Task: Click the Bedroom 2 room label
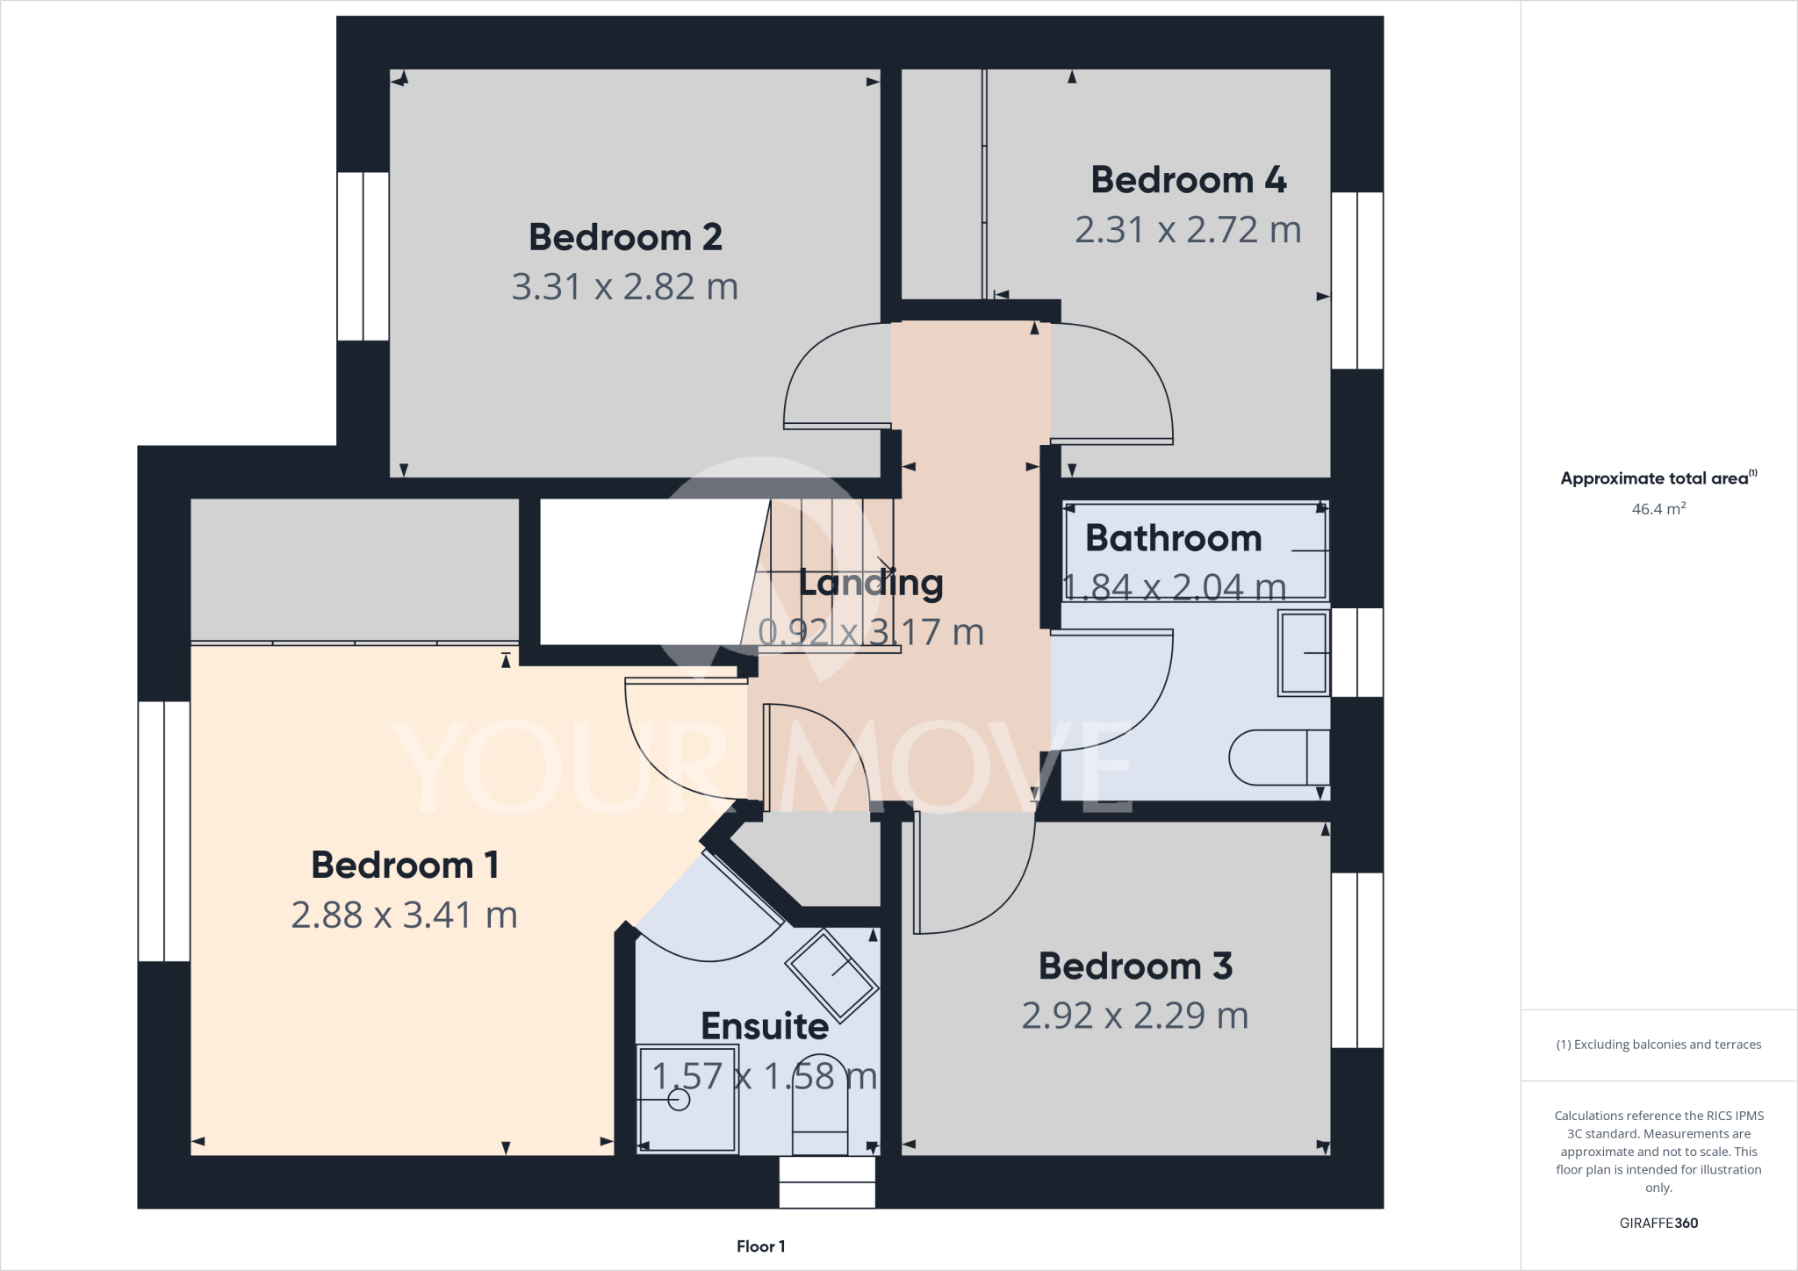pyautogui.click(x=625, y=238)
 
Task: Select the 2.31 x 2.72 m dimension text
pyautogui.click(x=1188, y=230)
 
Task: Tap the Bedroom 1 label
pyautogui.click(x=405, y=865)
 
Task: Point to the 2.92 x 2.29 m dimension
pyautogui.click(x=1134, y=1016)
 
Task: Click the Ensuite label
pyautogui.click(x=765, y=1026)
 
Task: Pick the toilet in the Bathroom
pyautogui.click(x=1278, y=757)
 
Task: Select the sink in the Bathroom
pyautogui.click(x=1304, y=653)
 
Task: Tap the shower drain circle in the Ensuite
pyautogui.click(x=679, y=1099)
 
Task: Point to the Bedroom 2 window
pyautogui.click(x=363, y=256)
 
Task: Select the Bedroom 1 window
pyautogui.click(x=164, y=830)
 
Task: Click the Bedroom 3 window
pyautogui.click(x=1357, y=959)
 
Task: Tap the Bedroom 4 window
pyautogui.click(x=1357, y=280)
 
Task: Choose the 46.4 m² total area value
pyautogui.click(x=1658, y=509)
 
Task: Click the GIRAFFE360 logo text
pyautogui.click(x=1658, y=1223)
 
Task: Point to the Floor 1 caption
pyautogui.click(x=760, y=1246)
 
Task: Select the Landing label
pyautogui.click(x=871, y=583)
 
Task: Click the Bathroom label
pyautogui.click(x=1173, y=538)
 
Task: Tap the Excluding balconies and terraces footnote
pyautogui.click(x=1658, y=1045)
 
